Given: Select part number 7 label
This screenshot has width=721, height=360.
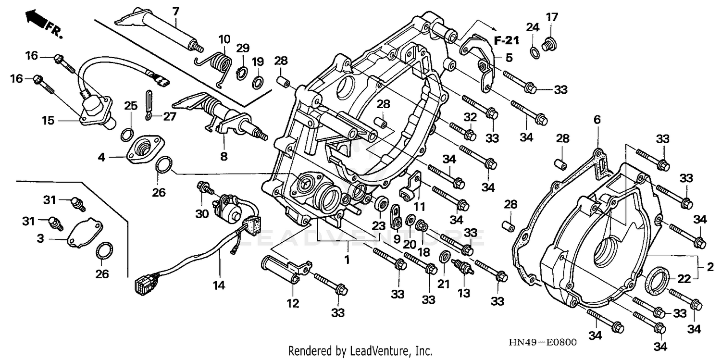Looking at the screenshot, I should [x=175, y=11].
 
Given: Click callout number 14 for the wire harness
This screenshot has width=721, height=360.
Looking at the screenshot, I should [x=219, y=285].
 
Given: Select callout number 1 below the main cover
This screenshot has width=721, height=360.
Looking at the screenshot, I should [x=348, y=260].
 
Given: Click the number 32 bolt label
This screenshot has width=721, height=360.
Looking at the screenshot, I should [x=470, y=117].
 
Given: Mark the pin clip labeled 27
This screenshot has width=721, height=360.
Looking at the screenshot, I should [x=149, y=106].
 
